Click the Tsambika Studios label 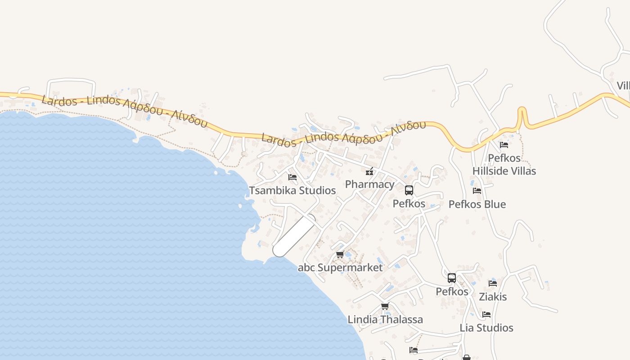click(292, 190)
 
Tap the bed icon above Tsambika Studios click(292, 177)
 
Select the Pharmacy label click(369, 184)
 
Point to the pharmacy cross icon click(369, 171)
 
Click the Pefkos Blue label click(477, 204)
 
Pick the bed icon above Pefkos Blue click(477, 191)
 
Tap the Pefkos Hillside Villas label click(504, 165)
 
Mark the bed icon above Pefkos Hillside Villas click(504, 145)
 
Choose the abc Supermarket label click(340, 268)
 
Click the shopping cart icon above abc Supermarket click(340, 255)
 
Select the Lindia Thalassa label click(385, 319)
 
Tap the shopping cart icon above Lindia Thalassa click(385, 306)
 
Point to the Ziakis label click(493, 297)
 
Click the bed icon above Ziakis click(493, 283)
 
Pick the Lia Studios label click(486, 328)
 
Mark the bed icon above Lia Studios click(486, 315)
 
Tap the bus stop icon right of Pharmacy click(409, 190)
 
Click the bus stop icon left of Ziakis click(452, 278)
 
